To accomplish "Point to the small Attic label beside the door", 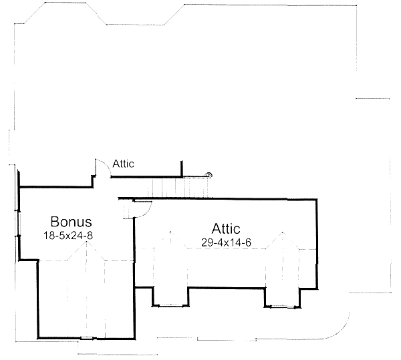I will pyautogui.click(x=124, y=163).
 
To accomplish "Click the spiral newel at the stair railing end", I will pyautogui.click(x=209, y=175).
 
